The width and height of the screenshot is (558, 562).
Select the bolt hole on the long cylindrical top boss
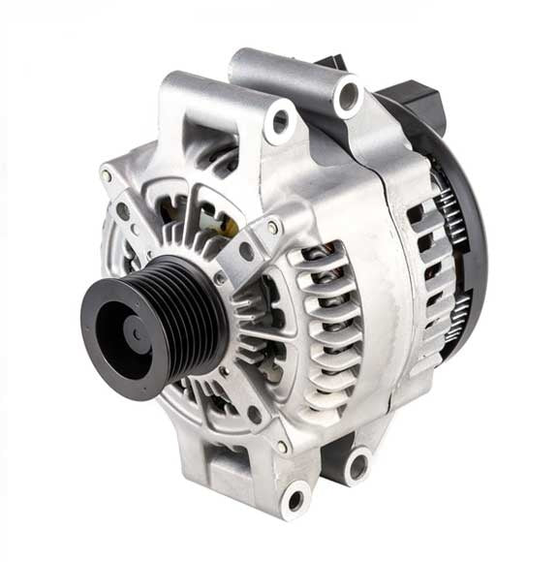click(x=346, y=97)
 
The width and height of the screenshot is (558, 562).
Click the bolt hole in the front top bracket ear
click(x=281, y=121)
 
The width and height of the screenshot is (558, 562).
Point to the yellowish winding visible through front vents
click(x=229, y=226)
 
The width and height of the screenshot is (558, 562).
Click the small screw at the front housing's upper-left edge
click(x=107, y=176)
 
